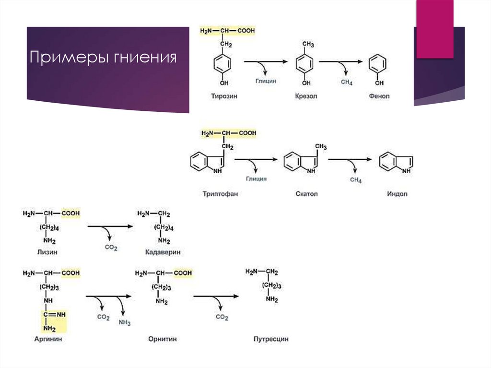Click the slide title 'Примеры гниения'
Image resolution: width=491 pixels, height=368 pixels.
pyautogui.click(x=103, y=58)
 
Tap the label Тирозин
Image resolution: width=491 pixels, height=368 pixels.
pyautogui.click(x=224, y=96)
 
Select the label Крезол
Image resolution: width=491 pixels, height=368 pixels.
pyautogui.click(x=306, y=96)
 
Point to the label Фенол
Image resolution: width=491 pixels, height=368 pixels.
pyautogui.click(x=379, y=96)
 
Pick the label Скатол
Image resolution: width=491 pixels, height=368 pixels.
pyautogui.click(x=307, y=194)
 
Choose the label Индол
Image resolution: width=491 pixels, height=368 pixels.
pyautogui.click(x=397, y=194)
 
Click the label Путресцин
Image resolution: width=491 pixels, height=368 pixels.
pyautogui.click(x=271, y=339)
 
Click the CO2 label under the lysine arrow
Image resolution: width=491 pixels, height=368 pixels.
pyautogui.click(x=111, y=247)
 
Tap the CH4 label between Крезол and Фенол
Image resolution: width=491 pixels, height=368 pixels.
pyautogui.click(x=347, y=83)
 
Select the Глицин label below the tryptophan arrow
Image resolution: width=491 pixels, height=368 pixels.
pyautogui.click(x=257, y=178)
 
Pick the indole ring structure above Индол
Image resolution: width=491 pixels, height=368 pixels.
pyautogui.click(x=396, y=162)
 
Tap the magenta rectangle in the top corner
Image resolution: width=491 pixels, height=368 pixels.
pyautogui.click(x=434, y=29)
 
